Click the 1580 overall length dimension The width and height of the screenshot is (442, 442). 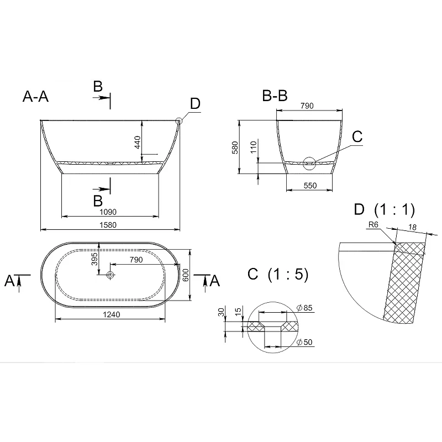(x=108, y=225)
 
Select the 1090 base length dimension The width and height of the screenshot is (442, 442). (x=108, y=212)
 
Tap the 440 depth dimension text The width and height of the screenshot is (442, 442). (x=137, y=142)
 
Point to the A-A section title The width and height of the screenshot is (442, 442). (x=35, y=96)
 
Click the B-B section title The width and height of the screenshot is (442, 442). (x=275, y=96)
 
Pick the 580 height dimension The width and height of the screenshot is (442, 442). (x=235, y=148)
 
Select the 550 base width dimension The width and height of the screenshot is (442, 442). (x=310, y=186)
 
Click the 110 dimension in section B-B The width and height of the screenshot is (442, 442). (x=254, y=147)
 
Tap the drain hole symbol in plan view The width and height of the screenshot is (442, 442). (x=110, y=275)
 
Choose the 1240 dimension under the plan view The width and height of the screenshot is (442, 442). (x=112, y=314)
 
